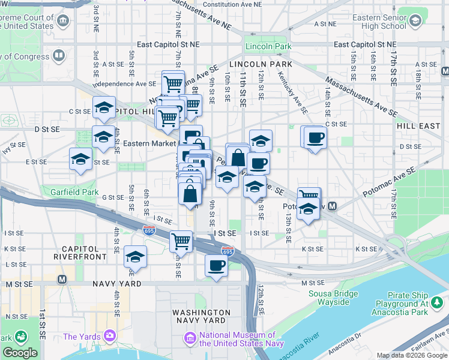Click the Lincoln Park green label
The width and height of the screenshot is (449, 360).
tap(268, 46)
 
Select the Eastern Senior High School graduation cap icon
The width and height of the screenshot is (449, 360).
tap(414, 22)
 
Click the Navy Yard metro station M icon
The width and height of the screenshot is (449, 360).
tap(61, 280)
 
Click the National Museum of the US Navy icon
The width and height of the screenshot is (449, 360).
tap(191, 340)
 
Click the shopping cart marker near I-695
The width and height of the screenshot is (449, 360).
tap(181, 241)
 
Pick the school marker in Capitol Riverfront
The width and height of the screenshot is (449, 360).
tap(136, 256)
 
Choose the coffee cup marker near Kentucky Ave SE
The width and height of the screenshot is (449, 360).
tap(315, 137)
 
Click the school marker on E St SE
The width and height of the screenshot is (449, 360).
tap(80, 160)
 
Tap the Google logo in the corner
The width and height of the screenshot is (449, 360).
tap(20, 353)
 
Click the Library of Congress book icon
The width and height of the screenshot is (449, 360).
tap(59, 56)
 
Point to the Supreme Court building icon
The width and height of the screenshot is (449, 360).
tap(62, 22)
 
